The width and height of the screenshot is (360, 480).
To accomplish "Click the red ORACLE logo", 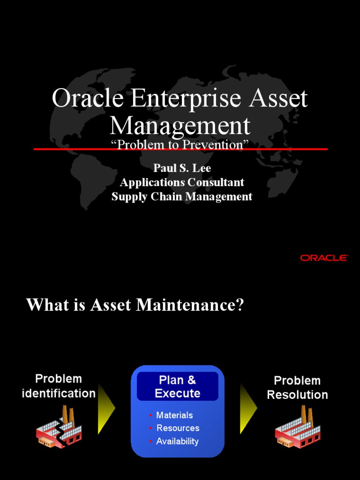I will pyautogui.click(x=324, y=258).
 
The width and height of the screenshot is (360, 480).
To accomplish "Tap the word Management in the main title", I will pyautogui.click(x=180, y=125).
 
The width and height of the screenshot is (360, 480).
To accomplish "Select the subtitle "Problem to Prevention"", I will pyautogui.click(x=180, y=145).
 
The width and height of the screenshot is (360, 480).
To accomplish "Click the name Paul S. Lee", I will pyautogui.click(x=182, y=168).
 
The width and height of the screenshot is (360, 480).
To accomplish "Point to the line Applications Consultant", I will pyautogui.click(x=182, y=182).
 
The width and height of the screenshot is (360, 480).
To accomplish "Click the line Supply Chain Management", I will pyautogui.click(x=182, y=196).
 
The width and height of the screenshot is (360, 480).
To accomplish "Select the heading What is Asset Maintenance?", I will pyautogui.click(x=135, y=305).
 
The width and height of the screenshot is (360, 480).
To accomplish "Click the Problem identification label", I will pyautogui.click(x=59, y=386).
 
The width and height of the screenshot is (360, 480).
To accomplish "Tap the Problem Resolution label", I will pyautogui.click(x=297, y=388).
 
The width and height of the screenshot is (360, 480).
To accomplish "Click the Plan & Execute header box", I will pyautogui.click(x=178, y=387).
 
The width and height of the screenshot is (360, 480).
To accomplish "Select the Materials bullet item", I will pyautogui.click(x=174, y=415).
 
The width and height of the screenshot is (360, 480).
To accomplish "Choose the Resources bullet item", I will pyautogui.click(x=178, y=428).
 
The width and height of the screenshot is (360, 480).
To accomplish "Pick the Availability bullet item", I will pyautogui.click(x=177, y=441).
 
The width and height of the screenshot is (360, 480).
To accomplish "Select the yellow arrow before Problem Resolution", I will pyautogui.click(x=248, y=408).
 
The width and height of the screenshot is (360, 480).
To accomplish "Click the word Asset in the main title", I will pyautogui.click(x=280, y=99).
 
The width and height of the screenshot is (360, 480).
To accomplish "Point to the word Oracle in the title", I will pyautogui.click(x=88, y=99).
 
